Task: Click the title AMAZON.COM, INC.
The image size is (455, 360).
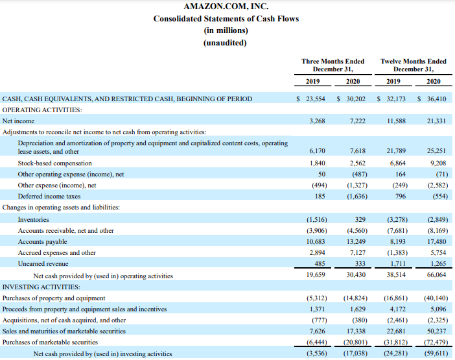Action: coord(226,6)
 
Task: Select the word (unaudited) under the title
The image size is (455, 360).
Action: coord(225,43)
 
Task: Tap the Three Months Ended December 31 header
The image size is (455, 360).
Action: coord(333,65)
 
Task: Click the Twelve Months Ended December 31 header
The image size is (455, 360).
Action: coord(414,65)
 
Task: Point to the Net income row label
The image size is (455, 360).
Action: coord(18,121)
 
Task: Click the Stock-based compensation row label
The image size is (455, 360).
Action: coord(55,163)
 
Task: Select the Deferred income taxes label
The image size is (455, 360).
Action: coord(49,197)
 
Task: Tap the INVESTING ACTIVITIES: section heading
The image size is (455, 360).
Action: coord(41,287)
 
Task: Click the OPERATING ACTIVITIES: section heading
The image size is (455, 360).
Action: coord(42,110)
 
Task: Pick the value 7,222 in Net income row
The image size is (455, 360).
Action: coord(358,121)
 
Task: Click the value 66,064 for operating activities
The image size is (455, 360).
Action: coord(436,274)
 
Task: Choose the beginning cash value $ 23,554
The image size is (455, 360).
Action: coord(310,99)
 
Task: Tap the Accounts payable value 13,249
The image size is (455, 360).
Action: coord(356,241)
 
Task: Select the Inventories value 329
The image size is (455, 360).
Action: coord(360,219)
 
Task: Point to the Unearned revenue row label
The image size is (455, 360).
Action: coord(43,263)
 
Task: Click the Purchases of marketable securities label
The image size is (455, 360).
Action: coord(50,342)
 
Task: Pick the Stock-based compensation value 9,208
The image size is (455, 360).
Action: coord(438,163)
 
